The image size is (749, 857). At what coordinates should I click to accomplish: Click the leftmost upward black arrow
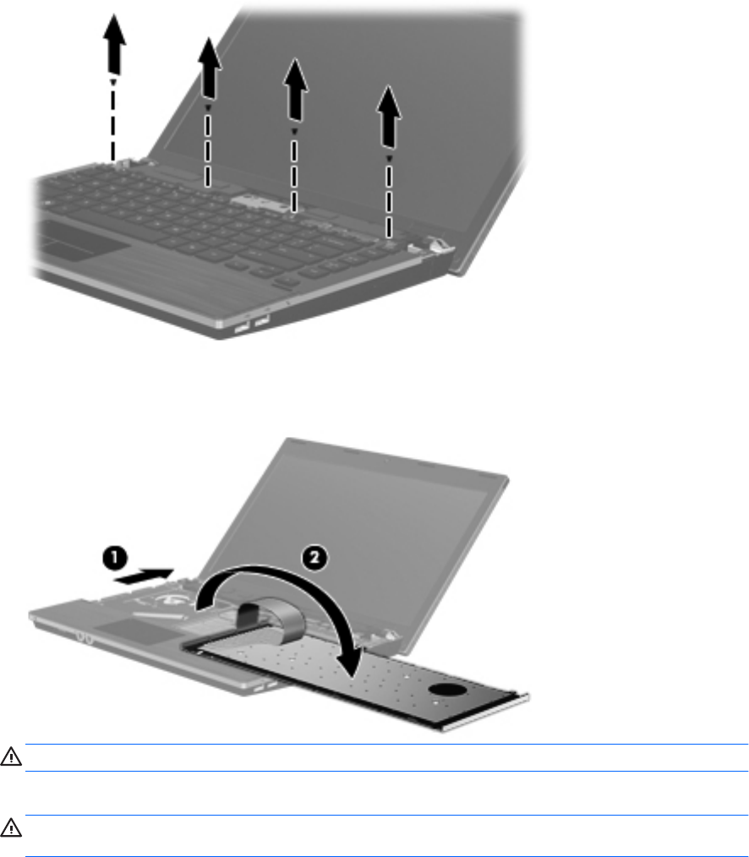(114, 44)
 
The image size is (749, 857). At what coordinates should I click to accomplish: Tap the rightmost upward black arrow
(389, 117)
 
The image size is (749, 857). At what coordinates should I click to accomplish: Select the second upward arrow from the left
(209, 68)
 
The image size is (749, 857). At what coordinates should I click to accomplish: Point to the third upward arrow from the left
(295, 90)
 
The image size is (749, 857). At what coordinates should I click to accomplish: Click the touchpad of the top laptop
(84, 241)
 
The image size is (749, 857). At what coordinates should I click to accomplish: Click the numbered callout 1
(115, 558)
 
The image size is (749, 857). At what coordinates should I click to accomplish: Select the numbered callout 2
(314, 558)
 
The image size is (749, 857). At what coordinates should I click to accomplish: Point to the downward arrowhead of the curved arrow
(349, 662)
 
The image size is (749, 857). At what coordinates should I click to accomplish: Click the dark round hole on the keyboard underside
(448, 689)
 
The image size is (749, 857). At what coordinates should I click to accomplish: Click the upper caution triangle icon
(11, 757)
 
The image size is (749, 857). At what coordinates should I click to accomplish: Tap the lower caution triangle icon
(11, 828)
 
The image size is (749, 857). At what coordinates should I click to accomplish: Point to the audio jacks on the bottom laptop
(85, 638)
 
